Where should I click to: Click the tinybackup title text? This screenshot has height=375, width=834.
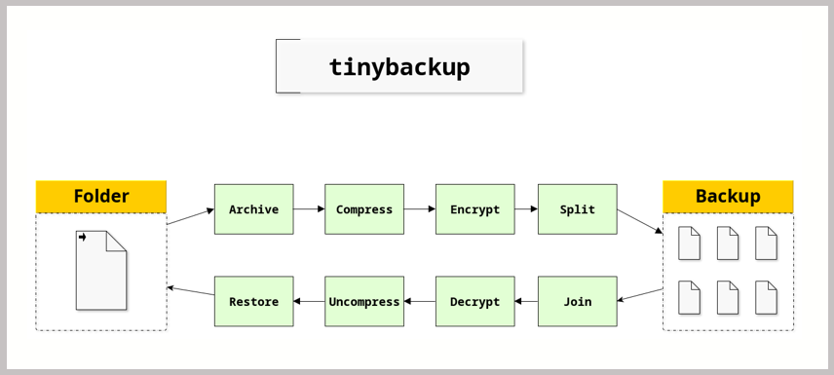click(399, 67)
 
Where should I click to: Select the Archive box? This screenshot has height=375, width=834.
click(253, 209)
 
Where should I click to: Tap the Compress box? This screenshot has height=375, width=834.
click(364, 209)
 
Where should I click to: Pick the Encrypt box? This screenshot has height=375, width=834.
click(475, 209)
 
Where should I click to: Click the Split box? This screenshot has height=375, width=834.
click(578, 209)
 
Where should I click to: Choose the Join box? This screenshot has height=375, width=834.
click(578, 301)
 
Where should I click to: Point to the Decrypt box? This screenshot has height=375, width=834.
click(475, 301)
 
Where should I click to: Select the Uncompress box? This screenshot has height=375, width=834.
click(364, 301)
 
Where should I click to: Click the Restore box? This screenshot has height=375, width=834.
click(253, 301)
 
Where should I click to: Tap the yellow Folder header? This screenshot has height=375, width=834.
click(101, 197)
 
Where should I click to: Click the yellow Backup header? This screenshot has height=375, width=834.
click(728, 197)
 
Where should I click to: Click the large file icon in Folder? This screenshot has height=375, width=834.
click(101, 270)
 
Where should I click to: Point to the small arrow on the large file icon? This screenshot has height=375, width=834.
click(83, 238)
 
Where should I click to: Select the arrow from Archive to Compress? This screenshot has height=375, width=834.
click(309, 209)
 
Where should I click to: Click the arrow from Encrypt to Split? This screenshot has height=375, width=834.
click(526, 209)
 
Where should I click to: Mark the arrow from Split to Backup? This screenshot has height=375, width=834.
click(640, 221)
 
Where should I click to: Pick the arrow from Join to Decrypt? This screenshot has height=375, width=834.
click(526, 302)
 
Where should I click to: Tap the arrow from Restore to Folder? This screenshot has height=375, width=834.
click(190, 291)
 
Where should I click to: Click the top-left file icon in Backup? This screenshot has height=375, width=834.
click(690, 244)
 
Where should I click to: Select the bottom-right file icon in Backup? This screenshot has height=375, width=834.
click(767, 297)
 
